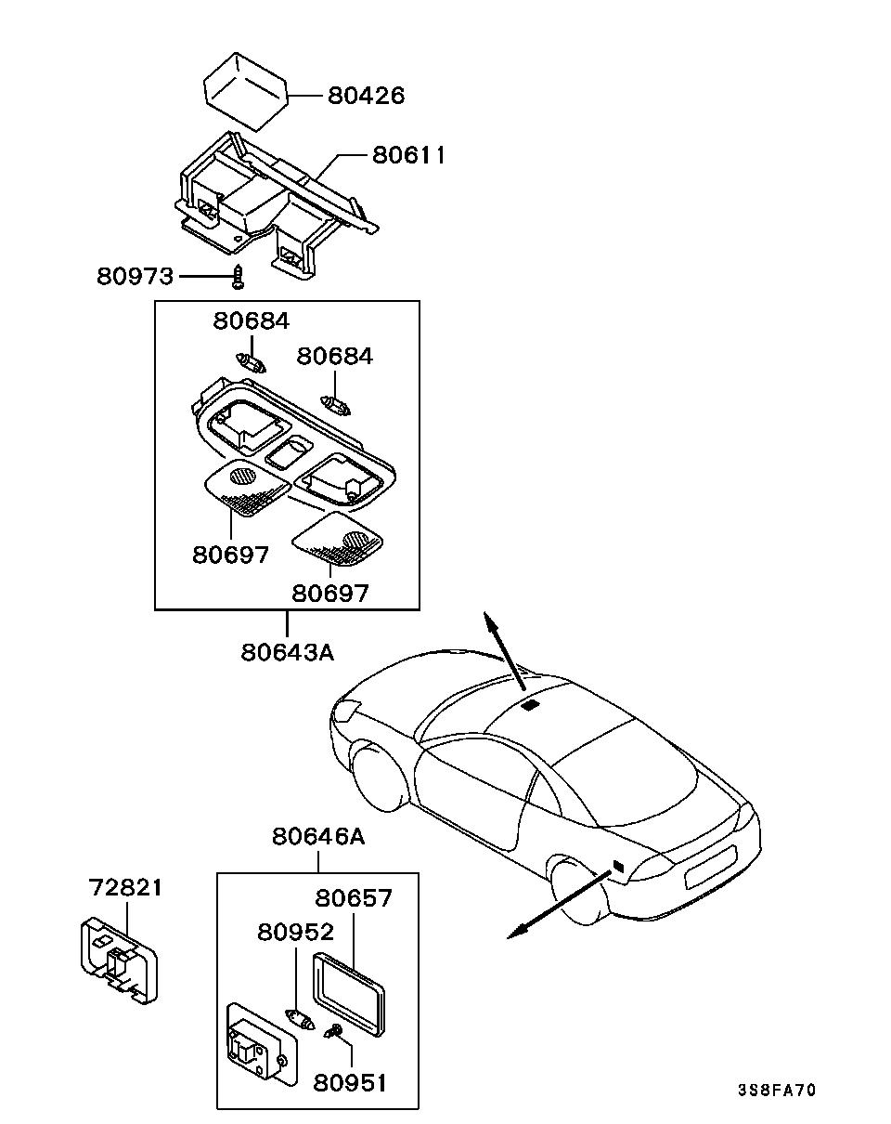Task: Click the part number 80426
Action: tap(366, 96)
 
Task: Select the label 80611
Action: tap(408, 155)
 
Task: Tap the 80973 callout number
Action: tap(135, 276)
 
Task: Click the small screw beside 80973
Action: tap(239, 277)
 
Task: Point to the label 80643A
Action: tap(287, 652)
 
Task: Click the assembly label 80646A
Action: tap(317, 836)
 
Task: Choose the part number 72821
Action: tap(125, 887)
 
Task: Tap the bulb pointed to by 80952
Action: tap(300, 1019)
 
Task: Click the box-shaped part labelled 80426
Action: tap(245, 92)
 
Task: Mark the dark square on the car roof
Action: tap(531, 704)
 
